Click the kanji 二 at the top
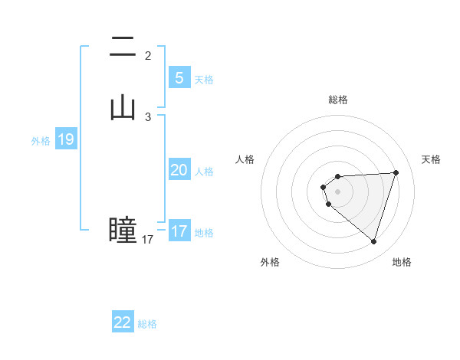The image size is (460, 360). click(123, 47)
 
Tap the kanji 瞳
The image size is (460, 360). click(123, 229)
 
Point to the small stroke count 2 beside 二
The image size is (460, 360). click(148, 55)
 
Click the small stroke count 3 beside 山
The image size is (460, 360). click(148, 116)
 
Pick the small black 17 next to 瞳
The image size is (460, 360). click(147, 240)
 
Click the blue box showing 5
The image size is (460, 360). click(179, 77)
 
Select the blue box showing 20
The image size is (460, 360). click(179, 170)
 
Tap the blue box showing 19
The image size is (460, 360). click(66, 139)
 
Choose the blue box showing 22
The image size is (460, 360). click(123, 322)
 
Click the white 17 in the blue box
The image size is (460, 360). click(179, 231)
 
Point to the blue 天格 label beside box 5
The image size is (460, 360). click(204, 80)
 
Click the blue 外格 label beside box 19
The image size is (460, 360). click(41, 141)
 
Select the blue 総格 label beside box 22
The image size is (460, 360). click(147, 324)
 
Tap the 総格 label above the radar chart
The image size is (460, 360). click(338, 100)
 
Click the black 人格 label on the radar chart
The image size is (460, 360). click(245, 159)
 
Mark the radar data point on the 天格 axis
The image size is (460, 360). click(396, 172)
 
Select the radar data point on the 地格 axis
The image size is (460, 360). click(373, 241)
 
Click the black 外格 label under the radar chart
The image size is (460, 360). click(269, 262)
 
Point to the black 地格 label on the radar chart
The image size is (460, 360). click(402, 262)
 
